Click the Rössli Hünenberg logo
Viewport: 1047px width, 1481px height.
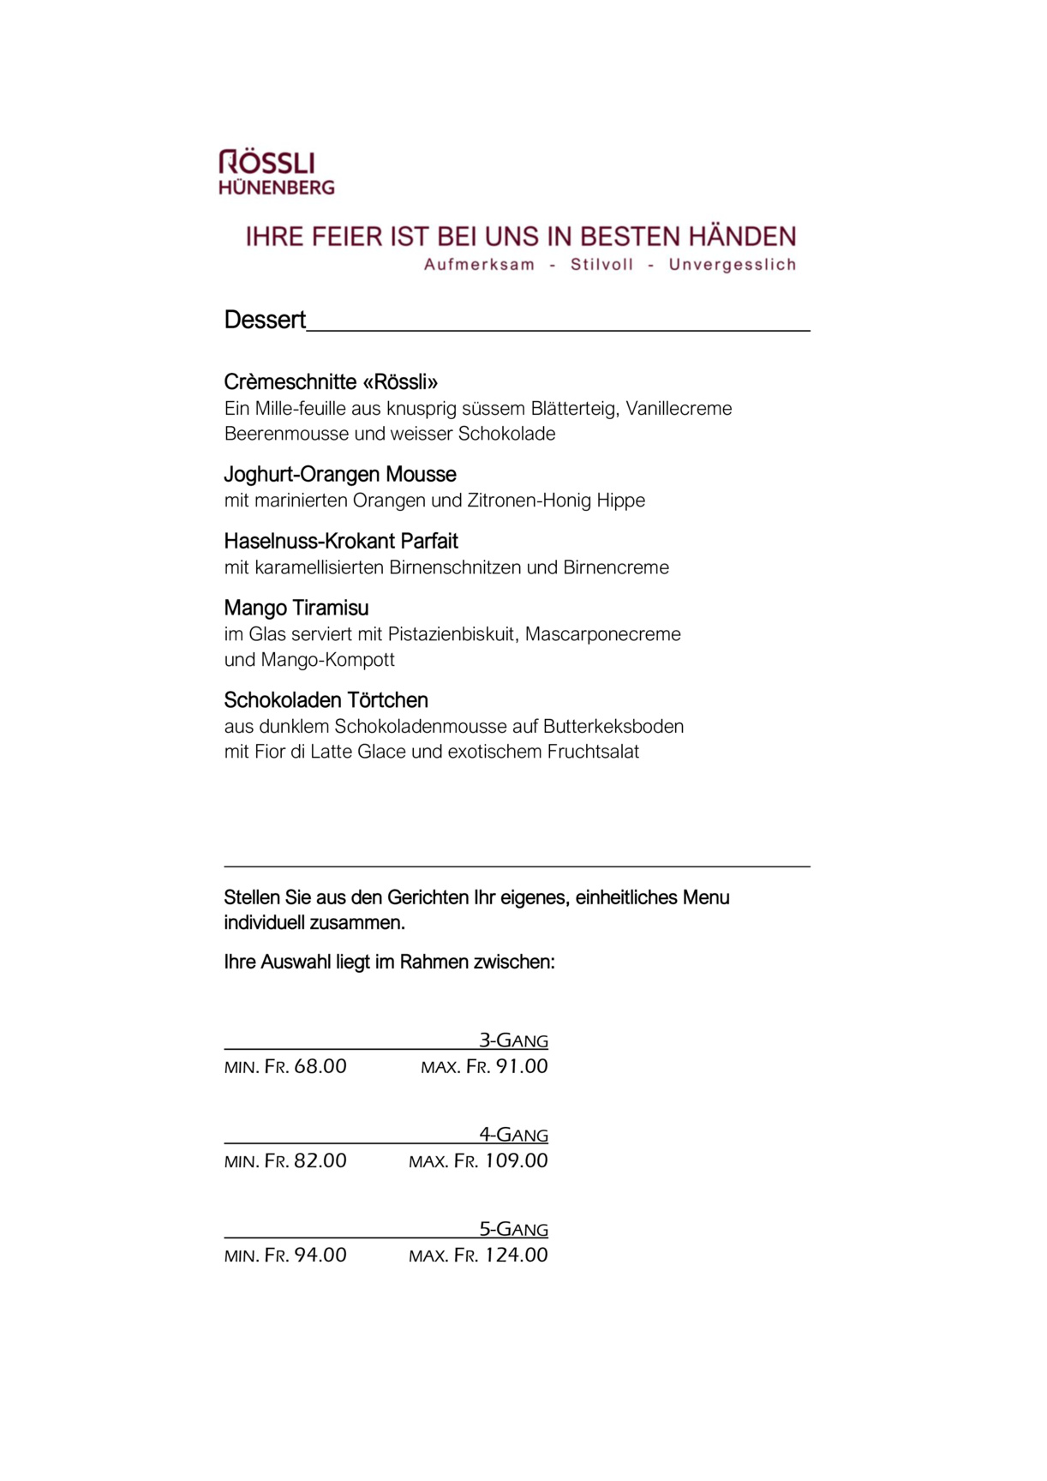[276, 172]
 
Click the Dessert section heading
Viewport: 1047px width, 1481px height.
[265, 320]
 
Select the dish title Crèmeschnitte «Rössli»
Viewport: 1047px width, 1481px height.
[331, 381]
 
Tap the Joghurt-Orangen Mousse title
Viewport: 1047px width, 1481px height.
[340, 474]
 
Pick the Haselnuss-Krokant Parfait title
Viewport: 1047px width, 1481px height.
[341, 541]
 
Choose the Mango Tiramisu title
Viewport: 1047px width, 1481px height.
[296, 608]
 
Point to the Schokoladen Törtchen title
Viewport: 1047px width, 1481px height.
[326, 700]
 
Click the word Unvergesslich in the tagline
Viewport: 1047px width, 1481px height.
[733, 265]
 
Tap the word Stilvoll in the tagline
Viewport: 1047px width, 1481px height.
[601, 265]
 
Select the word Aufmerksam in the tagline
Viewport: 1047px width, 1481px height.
[479, 265]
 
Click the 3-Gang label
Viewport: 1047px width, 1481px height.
[513, 1040]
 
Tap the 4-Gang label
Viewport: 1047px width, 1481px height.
[513, 1135]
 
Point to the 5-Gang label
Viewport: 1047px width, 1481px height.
[513, 1229]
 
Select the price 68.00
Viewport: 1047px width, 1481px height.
[320, 1067]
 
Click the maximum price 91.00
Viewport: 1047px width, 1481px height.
[522, 1067]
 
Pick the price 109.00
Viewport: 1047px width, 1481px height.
[516, 1161]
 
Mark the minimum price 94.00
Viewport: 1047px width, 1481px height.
[320, 1256]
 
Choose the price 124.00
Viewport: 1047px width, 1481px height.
[516, 1256]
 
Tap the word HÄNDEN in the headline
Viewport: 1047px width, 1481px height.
[742, 237]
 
